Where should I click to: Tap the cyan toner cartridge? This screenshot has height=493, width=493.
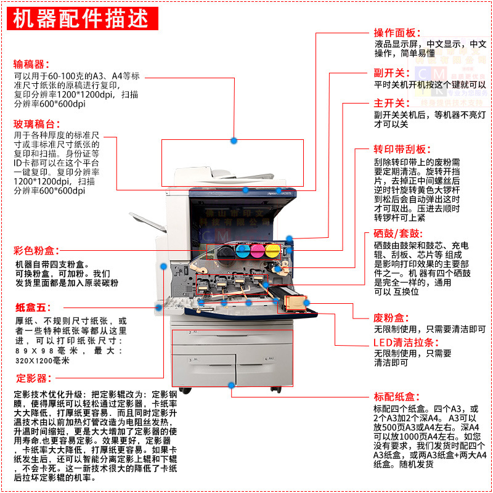coord(240,251)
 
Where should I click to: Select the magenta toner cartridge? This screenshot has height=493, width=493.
coord(257,251)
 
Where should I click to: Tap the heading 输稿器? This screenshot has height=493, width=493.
coord(32,64)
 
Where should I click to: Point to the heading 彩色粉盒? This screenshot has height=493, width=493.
coord(36,251)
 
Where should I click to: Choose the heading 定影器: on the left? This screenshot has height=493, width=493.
coord(32,378)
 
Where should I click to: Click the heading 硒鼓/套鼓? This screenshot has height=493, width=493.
coord(397,234)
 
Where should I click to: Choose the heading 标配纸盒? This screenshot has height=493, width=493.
coord(397,397)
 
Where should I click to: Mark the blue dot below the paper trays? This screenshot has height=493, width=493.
coord(232,385)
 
